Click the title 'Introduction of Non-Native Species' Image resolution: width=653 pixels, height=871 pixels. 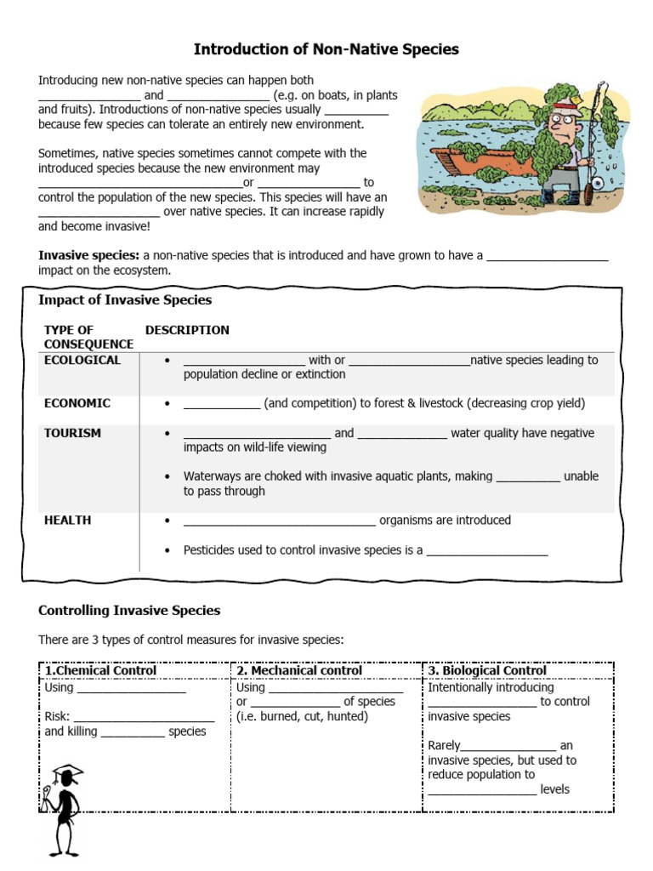click(326, 49)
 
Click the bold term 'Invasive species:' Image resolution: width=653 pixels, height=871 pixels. click(88, 255)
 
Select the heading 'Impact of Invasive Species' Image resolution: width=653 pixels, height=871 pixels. click(125, 300)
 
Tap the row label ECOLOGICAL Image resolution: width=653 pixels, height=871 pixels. click(82, 360)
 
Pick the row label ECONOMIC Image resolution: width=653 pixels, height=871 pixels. click(77, 403)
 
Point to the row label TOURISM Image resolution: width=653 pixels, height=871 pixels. click(72, 433)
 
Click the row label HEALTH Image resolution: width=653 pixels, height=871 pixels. click(67, 520)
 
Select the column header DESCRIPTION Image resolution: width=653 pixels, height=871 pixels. click(187, 330)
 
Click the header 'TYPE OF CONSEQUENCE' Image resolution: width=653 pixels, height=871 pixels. click(88, 337)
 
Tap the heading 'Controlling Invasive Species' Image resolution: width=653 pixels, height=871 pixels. click(129, 610)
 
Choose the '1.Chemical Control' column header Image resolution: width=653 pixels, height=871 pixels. click(100, 670)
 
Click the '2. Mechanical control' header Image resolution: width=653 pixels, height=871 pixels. click(299, 670)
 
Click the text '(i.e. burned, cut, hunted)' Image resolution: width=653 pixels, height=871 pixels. click(302, 716)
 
